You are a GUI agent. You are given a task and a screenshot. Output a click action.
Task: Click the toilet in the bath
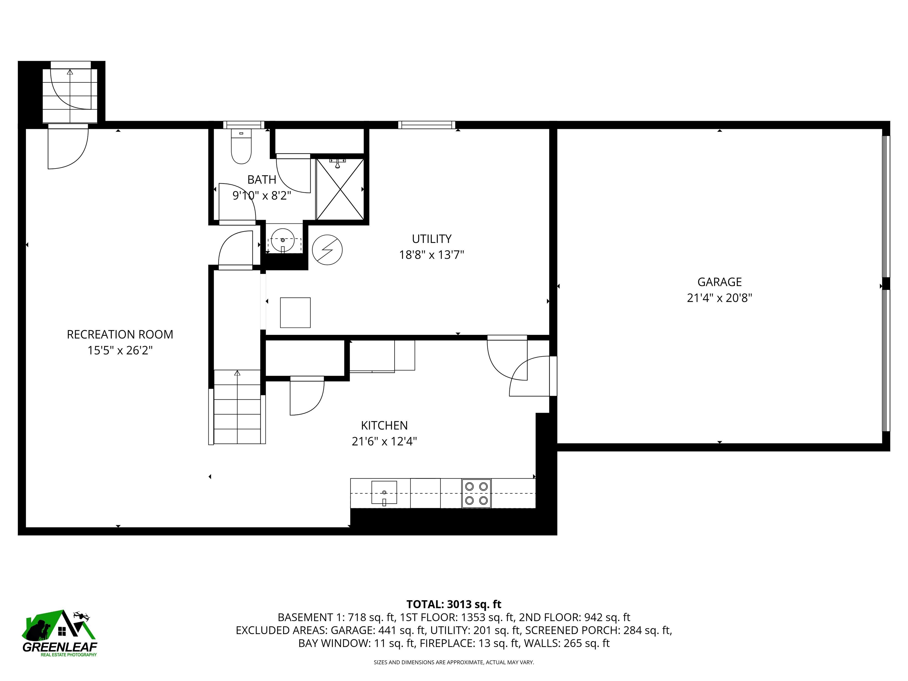pyautogui.click(x=241, y=148)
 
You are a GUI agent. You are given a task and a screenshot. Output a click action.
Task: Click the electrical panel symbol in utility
pyautogui.click(x=327, y=249)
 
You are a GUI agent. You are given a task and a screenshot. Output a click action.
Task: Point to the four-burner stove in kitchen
pyautogui.click(x=476, y=493)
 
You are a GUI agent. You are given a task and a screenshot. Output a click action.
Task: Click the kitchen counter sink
pyautogui.click(x=384, y=492)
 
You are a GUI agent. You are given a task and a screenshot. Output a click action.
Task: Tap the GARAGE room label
pyautogui.click(x=719, y=282)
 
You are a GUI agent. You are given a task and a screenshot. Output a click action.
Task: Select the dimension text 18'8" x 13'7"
pyautogui.click(x=432, y=255)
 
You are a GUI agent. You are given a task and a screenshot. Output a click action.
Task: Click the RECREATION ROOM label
pyautogui.click(x=120, y=335)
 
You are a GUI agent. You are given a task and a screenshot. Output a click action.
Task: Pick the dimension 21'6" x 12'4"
pyautogui.click(x=384, y=441)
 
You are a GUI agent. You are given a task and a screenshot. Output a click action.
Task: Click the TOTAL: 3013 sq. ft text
pyautogui.click(x=454, y=604)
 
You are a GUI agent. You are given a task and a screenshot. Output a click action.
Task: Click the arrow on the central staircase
pyautogui.click(x=237, y=373)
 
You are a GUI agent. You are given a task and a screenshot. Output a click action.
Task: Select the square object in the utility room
pyautogui.click(x=295, y=312)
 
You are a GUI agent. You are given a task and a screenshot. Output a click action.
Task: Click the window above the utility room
pyautogui.click(x=427, y=125)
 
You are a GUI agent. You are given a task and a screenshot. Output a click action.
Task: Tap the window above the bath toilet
pyautogui.click(x=244, y=125)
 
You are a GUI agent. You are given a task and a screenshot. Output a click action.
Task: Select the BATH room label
pyautogui.click(x=262, y=180)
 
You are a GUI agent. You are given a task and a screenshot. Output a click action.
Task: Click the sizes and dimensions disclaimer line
pyautogui.click(x=454, y=662)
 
